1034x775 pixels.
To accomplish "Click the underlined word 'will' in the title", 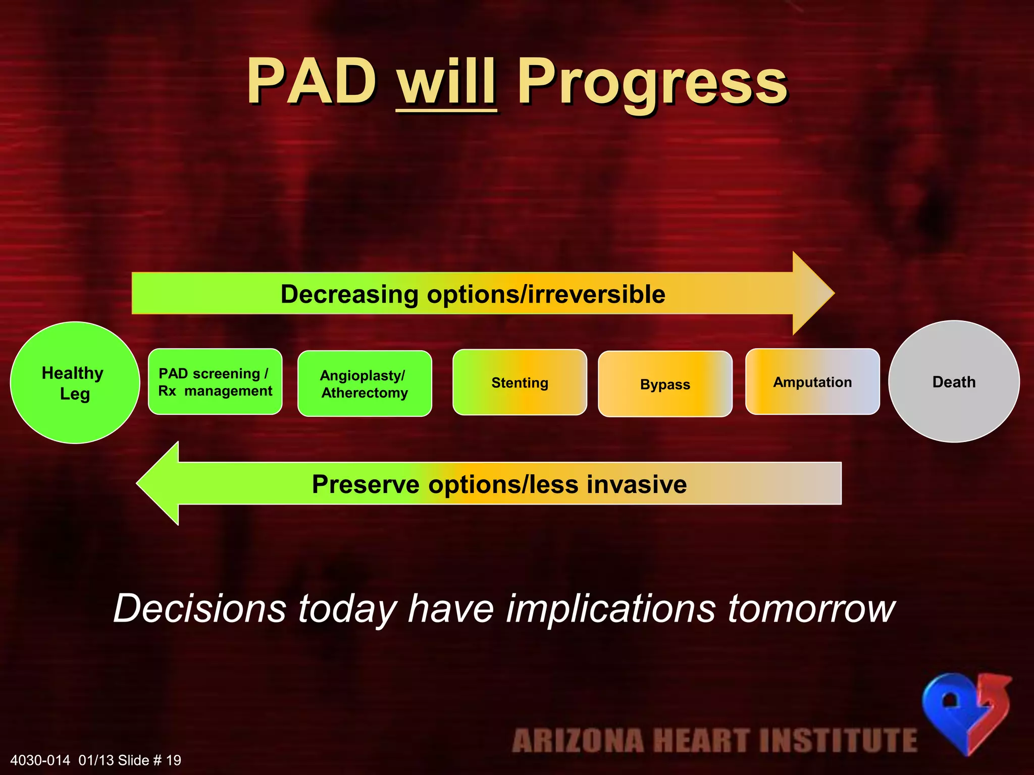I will point(446,82).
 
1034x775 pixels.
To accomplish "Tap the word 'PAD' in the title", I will point(312,82).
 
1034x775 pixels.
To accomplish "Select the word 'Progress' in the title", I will point(652,83).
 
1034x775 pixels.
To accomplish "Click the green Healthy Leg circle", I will point(75,382).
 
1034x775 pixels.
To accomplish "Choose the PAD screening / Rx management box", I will point(215,382).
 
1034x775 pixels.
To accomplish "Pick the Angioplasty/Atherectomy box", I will point(365,383).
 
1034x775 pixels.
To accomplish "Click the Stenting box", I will point(520,382).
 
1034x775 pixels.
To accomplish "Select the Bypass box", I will point(665,384).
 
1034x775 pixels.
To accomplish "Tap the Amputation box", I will point(812,382).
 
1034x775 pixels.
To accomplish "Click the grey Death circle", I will point(954,382).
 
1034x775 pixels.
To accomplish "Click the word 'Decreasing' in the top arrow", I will point(349,294).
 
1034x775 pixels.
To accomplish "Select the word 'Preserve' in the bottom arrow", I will point(366,484).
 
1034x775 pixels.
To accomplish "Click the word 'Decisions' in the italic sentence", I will point(200,608).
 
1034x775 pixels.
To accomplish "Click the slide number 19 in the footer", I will point(173,760).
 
